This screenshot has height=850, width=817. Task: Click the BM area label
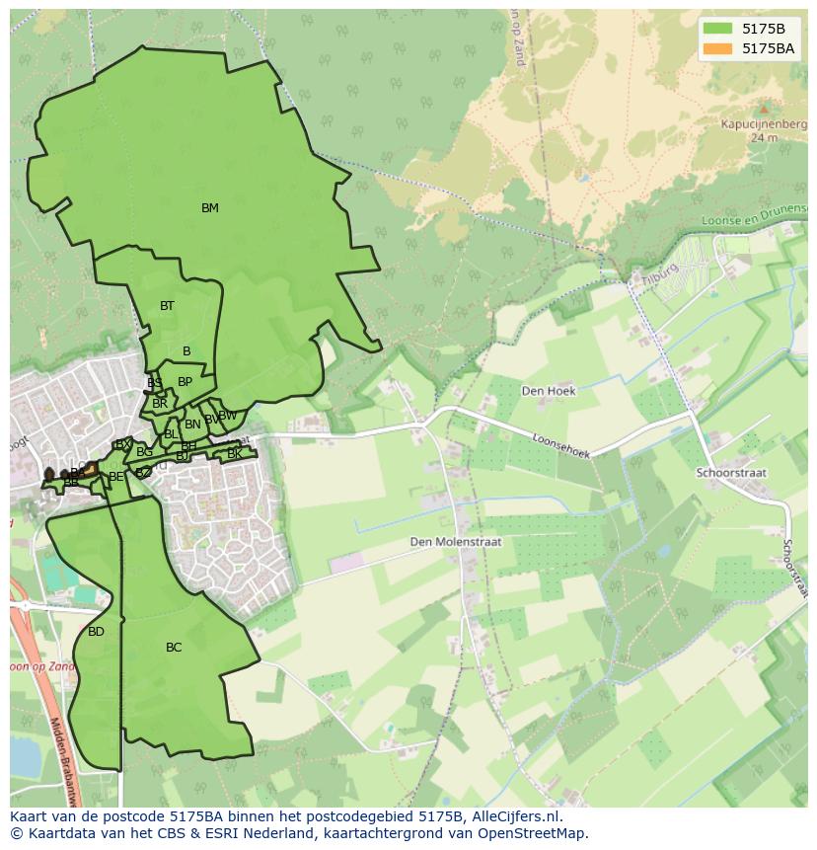pyautogui.click(x=209, y=208)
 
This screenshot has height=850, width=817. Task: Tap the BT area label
pyautogui.click(x=167, y=306)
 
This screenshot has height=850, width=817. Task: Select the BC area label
pyautogui.click(x=174, y=648)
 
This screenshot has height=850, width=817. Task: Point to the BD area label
pyautogui.click(x=96, y=632)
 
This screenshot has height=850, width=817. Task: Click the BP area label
pyautogui.click(x=185, y=382)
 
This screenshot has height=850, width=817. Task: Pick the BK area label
pyautogui.click(x=234, y=454)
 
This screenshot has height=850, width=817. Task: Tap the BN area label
pyautogui.click(x=192, y=425)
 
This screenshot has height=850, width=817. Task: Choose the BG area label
pyautogui.click(x=145, y=452)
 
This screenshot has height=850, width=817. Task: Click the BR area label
pyautogui.click(x=160, y=404)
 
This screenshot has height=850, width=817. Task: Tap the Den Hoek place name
pyautogui.click(x=549, y=390)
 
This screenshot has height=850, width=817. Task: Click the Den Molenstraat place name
pyautogui.click(x=457, y=542)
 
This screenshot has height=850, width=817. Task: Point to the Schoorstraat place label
pyautogui.click(x=731, y=473)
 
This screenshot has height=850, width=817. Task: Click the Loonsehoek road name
pyautogui.click(x=560, y=446)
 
